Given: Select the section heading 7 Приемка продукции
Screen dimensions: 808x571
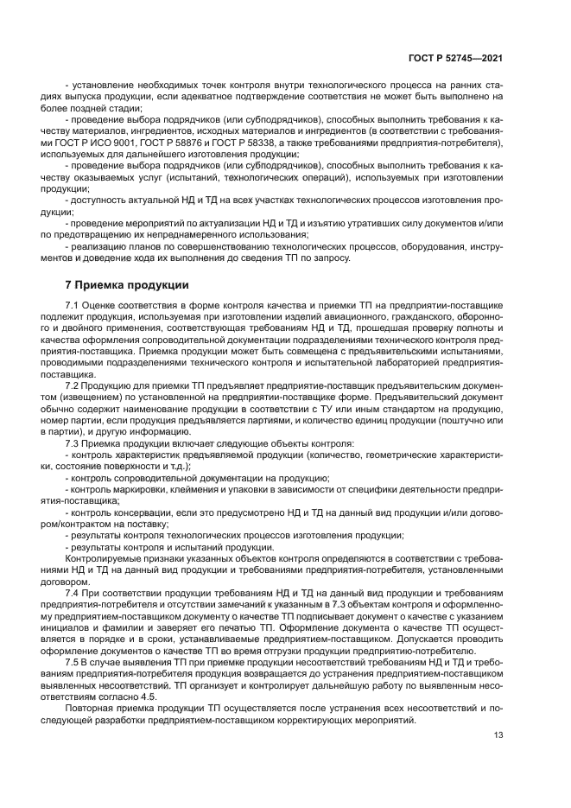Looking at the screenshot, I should [122, 284].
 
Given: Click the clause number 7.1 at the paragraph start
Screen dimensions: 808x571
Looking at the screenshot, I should [73, 306].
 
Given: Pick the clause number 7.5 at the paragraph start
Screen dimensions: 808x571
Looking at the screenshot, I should [73, 659].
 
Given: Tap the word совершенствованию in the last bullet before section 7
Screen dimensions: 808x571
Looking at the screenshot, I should [192, 246].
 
